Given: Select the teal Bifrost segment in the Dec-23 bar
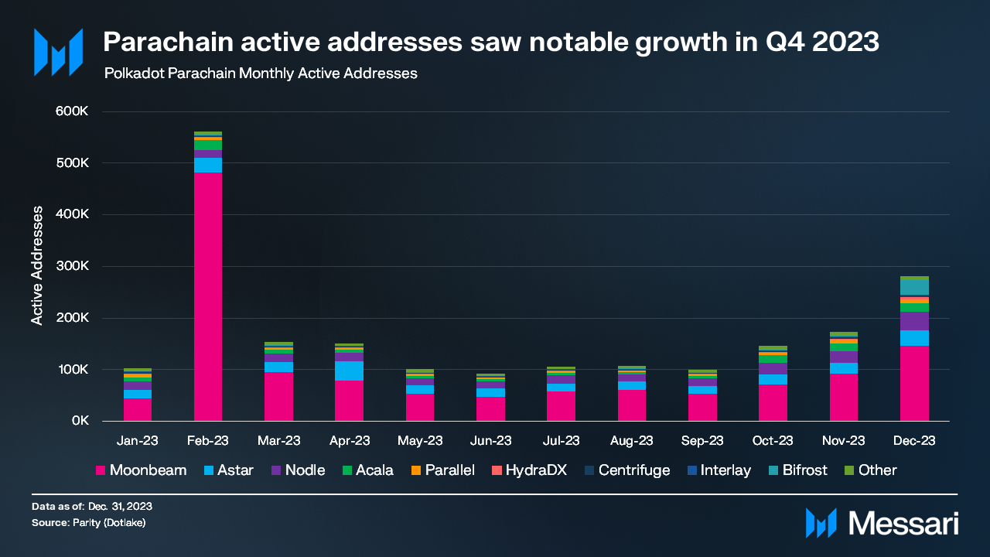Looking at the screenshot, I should [914, 287].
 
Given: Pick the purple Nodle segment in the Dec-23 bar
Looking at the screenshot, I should [914, 321].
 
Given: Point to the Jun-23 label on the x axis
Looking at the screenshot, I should [490, 441].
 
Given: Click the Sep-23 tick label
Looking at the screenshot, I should [702, 441].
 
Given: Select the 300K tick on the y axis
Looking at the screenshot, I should [75, 266].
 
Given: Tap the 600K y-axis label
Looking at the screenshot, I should [75, 111].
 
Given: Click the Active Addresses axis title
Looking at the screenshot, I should [37, 266].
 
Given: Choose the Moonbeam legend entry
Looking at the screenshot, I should [140, 470].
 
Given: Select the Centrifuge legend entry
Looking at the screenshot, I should [626, 470].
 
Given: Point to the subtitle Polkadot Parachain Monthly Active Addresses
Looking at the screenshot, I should [261, 74].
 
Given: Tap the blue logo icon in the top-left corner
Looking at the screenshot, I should [58, 53].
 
